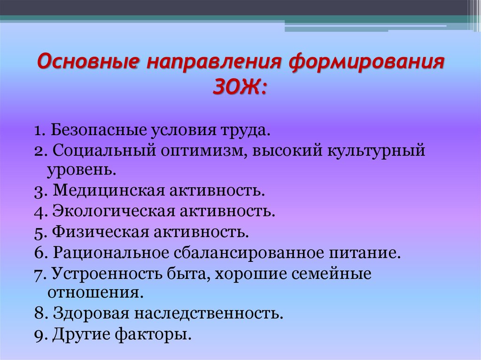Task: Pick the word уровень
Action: point(81,169)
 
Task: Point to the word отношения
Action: point(93,293)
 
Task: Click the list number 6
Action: point(38,253)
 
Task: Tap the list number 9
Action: point(38,335)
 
